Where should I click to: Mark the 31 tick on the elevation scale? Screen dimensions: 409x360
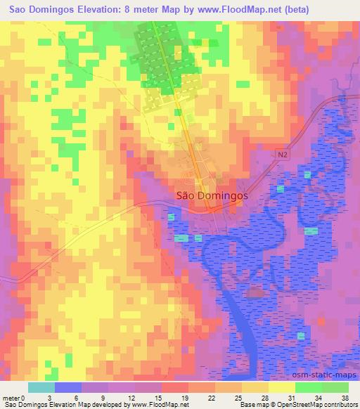coord(270,397)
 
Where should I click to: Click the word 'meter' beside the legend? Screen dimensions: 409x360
coord(11,397)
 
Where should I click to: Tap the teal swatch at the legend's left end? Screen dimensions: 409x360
coord(41,387)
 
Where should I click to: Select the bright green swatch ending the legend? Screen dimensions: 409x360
coord(335,387)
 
